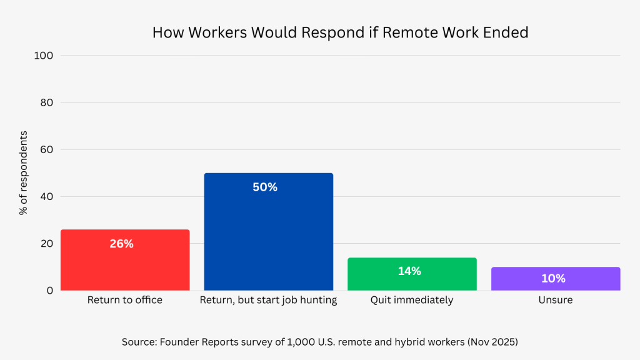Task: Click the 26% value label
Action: coord(122,244)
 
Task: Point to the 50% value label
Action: coord(265,187)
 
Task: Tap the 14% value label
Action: coord(409,271)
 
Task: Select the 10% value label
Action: coord(553,278)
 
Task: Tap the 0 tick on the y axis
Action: coord(49,290)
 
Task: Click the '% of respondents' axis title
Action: coord(24,173)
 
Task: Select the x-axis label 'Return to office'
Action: coord(125,300)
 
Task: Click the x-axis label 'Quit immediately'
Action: coord(412,300)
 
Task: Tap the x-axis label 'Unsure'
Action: coord(556,300)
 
